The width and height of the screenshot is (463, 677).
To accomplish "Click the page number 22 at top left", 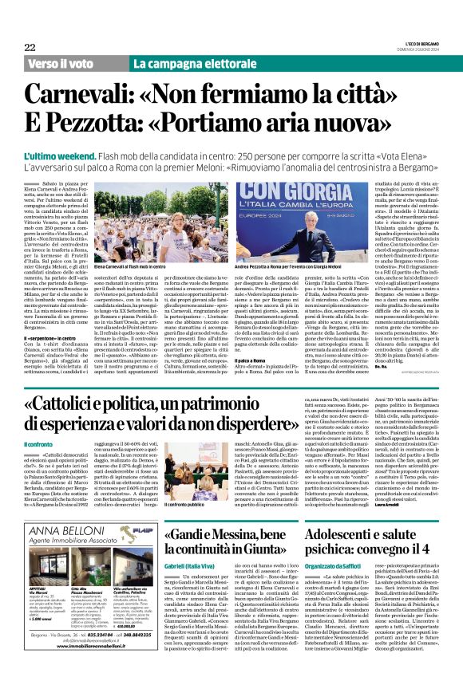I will point(30,48).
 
